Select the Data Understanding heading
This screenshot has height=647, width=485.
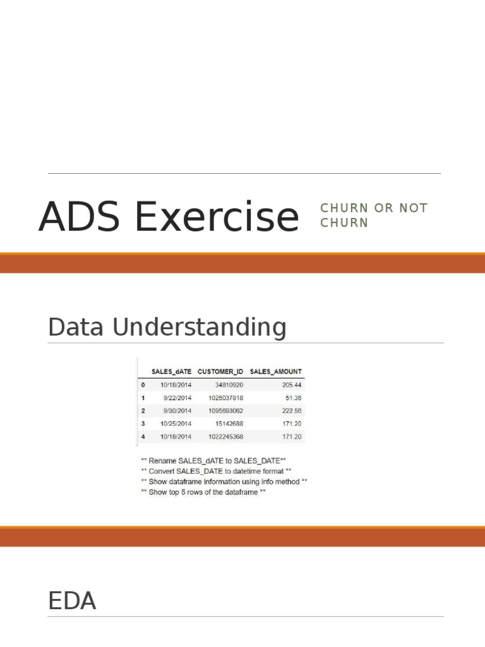point(167,327)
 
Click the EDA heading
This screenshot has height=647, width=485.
point(72,601)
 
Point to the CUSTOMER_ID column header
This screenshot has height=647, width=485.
point(220,372)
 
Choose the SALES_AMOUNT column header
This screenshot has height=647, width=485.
point(276,372)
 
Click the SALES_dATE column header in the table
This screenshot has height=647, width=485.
point(171,372)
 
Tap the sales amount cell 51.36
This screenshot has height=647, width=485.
point(294,397)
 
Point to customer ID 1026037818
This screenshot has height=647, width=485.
point(224,397)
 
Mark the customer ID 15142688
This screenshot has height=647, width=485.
point(229,423)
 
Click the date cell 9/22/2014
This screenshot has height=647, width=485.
point(177,397)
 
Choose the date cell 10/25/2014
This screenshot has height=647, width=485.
point(176,423)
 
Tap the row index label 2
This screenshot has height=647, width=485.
point(143,411)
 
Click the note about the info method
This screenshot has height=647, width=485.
point(224,481)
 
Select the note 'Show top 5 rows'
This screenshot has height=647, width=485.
point(203,492)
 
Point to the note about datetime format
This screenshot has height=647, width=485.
point(216,471)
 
